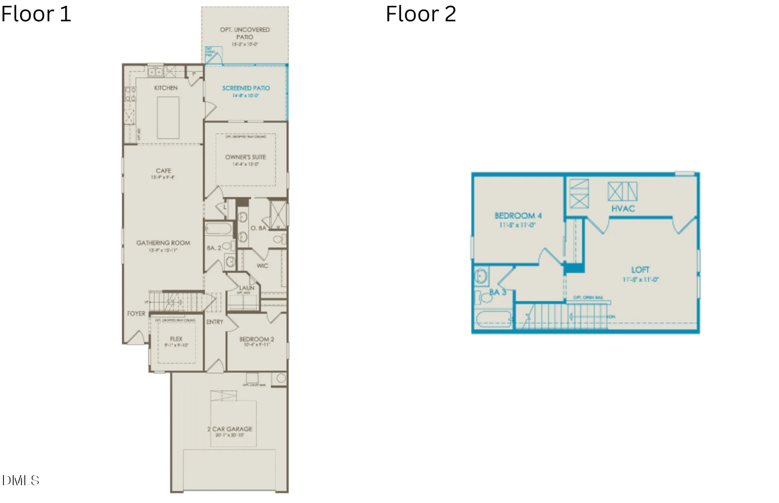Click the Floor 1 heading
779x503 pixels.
(36, 14)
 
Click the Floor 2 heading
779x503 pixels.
(421, 14)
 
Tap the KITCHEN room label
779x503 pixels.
(166, 88)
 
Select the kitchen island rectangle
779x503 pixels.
(168, 118)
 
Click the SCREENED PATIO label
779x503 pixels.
(246, 88)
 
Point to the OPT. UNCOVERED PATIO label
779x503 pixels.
(245, 33)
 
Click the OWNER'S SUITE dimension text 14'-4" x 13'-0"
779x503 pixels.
(245, 164)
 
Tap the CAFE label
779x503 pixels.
(163, 171)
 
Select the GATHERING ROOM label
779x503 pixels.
(163, 243)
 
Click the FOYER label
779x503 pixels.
(136, 313)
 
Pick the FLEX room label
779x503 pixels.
(176, 339)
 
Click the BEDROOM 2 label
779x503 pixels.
(256, 339)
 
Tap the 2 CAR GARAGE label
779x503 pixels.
(230, 429)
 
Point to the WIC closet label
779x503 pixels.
(262, 266)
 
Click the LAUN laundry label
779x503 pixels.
(247, 288)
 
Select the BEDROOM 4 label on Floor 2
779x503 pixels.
(518, 216)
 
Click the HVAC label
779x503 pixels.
(623, 209)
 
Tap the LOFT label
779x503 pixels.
(640, 270)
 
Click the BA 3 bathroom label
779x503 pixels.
(497, 292)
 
